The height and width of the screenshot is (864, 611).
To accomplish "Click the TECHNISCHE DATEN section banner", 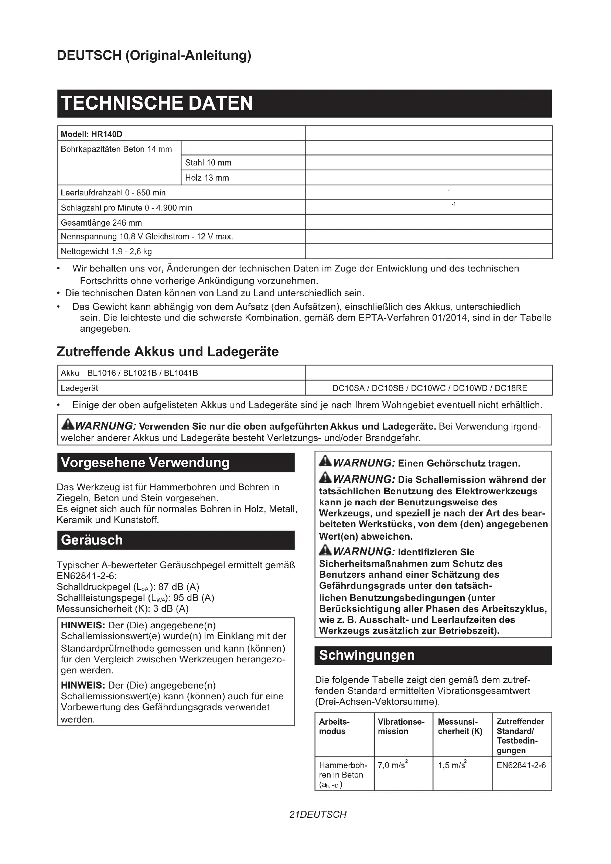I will click(x=304, y=103).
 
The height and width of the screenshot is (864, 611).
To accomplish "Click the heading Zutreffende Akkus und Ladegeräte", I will click(x=167, y=351).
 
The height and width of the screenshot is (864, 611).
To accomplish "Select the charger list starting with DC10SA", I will click(x=429, y=388).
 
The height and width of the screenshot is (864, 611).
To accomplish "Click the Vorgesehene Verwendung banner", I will click(x=176, y=462).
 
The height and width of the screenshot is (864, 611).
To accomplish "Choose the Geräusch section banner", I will click(x=176, y=540).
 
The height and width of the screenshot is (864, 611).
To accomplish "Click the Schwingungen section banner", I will click(x=433, y=655).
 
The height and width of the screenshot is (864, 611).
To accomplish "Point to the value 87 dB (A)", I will click(x=178, y=587).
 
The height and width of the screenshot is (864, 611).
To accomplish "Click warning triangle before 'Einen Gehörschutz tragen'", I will click(x=325, y=462).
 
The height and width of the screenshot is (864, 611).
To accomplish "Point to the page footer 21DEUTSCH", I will click(x=318, y=815).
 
